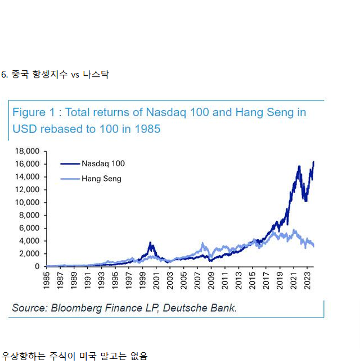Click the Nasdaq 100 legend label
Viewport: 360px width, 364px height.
tap(103, 163)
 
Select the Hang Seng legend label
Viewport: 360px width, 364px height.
tap(101, 179)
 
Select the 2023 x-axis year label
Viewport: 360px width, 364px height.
tap(308, 280)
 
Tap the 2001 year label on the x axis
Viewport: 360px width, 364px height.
tap(156, 280)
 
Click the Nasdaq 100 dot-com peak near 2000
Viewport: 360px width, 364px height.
tap(150, 243)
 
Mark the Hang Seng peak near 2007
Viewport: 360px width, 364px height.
tap(203, 244)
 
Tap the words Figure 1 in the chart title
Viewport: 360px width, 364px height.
tap(33, 112)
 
